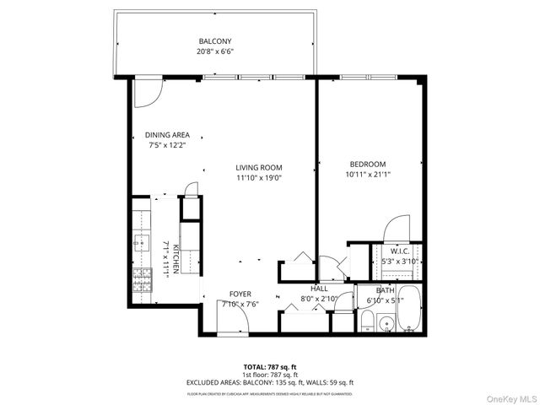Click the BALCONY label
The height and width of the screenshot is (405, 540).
click(215, 41)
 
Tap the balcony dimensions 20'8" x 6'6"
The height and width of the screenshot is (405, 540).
click(215, 51)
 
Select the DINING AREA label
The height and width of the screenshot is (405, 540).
click(167, 135)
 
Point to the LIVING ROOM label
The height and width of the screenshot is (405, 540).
click(258, 167)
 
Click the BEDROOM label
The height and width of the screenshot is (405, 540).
click(368, 164)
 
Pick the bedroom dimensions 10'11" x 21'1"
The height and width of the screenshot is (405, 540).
click(368, 175)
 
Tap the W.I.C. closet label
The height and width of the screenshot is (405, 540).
click(400, 251)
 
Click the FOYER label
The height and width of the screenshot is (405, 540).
click(240, 294)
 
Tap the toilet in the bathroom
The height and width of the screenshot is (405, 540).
click(368, 321)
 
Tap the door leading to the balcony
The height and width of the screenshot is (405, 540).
click(146, 92)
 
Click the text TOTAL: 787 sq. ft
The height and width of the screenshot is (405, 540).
click(269, 366)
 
